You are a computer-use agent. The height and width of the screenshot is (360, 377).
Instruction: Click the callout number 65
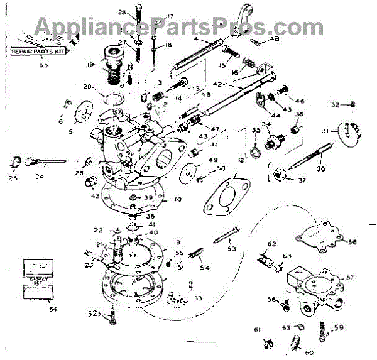click(x=43, y=64)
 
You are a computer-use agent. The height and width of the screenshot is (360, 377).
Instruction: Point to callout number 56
click(x=352, y=241)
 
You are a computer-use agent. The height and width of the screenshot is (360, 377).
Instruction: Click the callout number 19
click(x=90, y=64)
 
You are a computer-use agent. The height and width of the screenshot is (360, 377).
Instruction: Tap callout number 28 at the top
click(x=122, y=13)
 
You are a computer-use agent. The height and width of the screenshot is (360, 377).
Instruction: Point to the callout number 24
click(x=40, y=177)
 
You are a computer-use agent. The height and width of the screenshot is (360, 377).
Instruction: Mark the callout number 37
click(x=302, y=181)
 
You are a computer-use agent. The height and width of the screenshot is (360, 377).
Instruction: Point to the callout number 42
click(x=217, y=83)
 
